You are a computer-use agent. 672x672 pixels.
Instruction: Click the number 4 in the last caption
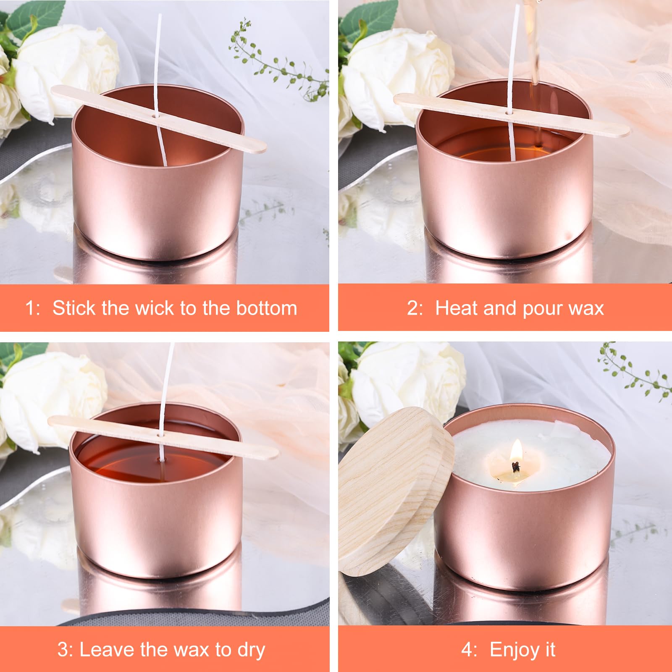[467, 650]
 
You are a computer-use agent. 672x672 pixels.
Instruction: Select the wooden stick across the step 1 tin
[158, 118]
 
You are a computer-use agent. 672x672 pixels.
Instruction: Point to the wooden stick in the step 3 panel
[163, 437]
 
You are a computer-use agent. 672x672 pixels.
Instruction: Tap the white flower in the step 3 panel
[52, 399]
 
